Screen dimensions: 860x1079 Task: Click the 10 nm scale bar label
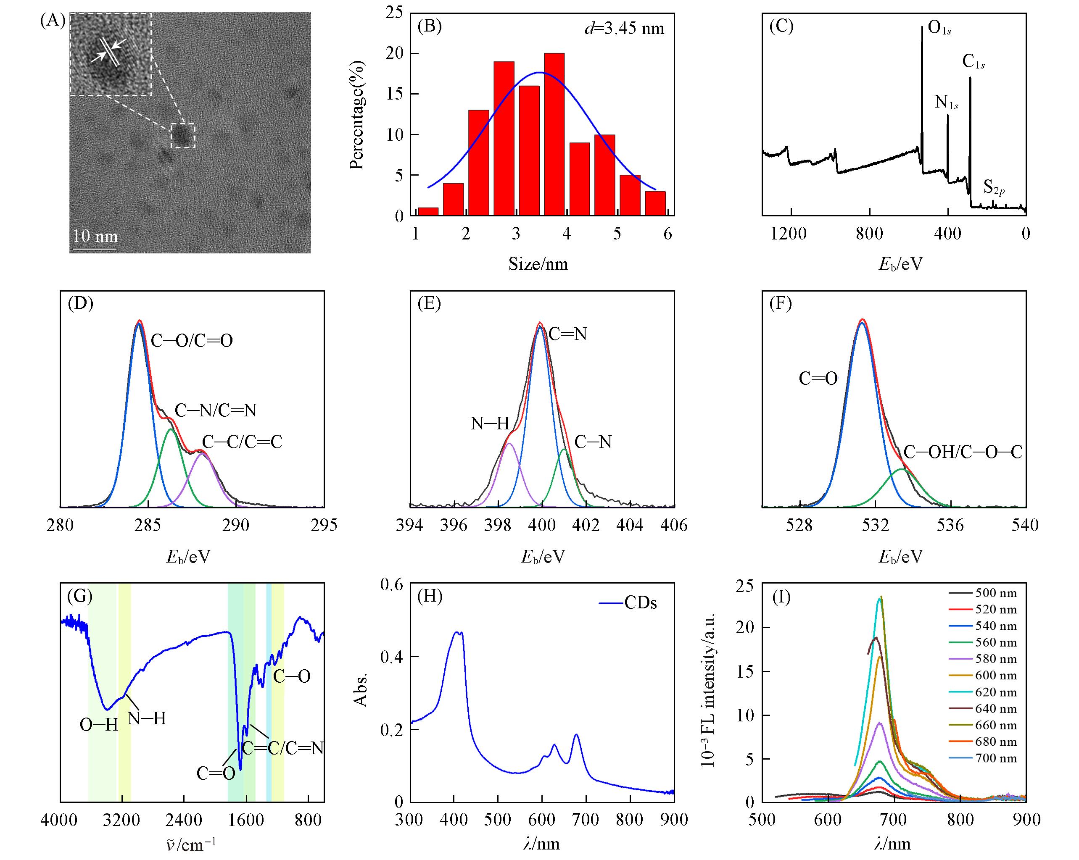(x=95, y=236)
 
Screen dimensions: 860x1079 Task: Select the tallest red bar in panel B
(x=554, y=134)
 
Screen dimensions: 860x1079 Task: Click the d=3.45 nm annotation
(x=624, y=29)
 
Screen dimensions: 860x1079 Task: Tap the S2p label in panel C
(x=994, y=188)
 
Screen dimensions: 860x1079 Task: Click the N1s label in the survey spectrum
(x=946, y=103)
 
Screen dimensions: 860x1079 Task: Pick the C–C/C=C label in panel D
(x=242, y=442)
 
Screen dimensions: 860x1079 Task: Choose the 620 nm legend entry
(x=996, y=692)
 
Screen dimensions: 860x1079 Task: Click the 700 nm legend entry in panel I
(x=996, y=758)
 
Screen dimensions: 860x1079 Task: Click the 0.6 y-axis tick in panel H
(x=391, y=584)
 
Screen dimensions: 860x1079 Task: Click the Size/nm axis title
(x=538, y=264)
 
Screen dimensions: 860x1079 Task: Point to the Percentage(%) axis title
(x=357, y=116)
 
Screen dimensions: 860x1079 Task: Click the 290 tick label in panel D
(x=236, y=525)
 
